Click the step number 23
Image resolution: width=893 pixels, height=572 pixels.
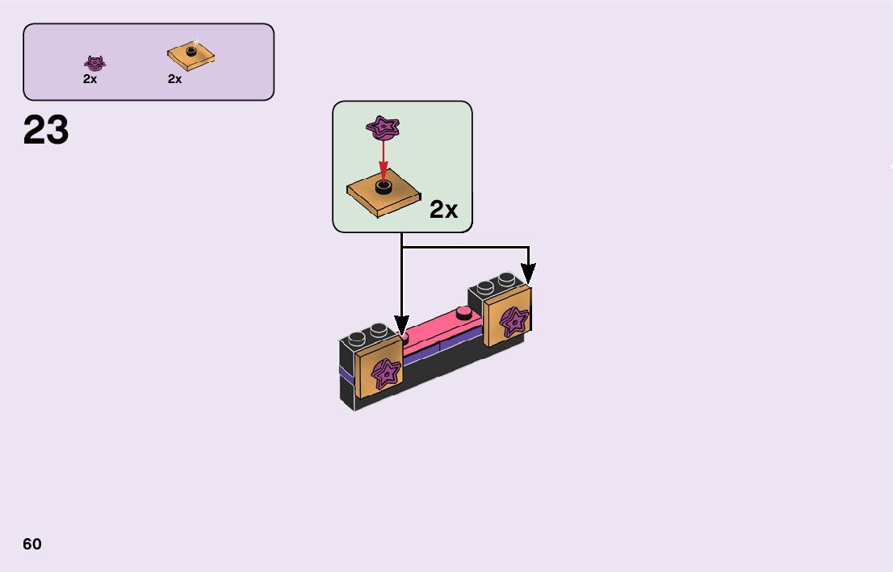pos(46,130)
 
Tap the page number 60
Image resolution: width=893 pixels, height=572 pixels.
pos(32,544)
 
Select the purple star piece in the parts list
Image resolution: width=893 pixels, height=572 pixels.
pos(95,62)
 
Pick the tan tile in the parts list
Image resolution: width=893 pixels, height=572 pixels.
pos(191,55)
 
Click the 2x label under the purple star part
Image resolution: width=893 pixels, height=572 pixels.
pos(90,79)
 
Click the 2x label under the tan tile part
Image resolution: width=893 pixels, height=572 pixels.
pos(174,79)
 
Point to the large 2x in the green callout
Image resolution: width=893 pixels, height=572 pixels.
pos(443,210)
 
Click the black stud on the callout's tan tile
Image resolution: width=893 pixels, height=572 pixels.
pos(384,187)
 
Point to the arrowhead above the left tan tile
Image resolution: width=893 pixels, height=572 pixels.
pos(401,325)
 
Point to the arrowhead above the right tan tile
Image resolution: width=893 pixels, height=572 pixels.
pos(528,276)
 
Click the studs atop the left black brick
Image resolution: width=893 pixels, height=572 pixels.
pos(367,332)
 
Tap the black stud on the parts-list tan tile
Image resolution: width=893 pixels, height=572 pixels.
pos(191,51)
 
